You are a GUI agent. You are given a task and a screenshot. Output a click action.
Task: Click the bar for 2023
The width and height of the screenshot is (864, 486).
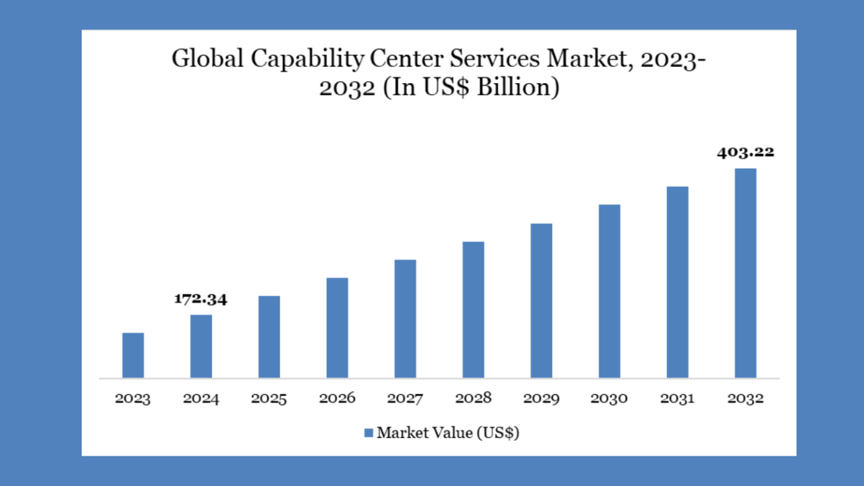133,355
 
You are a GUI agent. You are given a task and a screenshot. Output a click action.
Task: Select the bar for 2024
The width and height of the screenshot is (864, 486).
201,346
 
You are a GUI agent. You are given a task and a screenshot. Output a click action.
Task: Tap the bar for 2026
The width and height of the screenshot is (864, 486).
337,327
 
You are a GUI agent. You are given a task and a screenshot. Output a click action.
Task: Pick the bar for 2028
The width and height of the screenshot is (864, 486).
473,309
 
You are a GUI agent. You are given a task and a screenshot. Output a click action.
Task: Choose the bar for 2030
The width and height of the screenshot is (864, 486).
609,291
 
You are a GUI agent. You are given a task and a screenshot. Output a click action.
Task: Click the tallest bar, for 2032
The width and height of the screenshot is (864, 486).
745,273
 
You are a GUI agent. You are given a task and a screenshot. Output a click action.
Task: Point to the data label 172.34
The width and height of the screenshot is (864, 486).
201,299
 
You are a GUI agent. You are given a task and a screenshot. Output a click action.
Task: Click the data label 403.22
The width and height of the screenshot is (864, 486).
745,152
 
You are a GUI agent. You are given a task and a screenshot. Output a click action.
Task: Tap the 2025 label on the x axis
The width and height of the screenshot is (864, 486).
269,399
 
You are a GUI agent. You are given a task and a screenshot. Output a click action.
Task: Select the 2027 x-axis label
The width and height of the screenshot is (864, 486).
405,399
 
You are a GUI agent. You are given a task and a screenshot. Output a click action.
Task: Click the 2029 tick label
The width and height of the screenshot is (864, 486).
541,399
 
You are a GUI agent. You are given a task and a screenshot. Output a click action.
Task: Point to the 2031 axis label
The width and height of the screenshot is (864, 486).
677,399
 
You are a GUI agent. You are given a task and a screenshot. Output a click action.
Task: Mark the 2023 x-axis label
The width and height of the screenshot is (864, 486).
133,399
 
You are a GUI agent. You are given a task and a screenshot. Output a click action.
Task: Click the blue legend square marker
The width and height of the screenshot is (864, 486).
369,433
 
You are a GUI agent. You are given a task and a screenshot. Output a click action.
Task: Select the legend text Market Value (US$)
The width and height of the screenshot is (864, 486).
448,433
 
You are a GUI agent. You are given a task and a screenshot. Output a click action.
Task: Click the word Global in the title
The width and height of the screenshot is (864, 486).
207,59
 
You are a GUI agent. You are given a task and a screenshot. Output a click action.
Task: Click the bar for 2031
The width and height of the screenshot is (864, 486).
677,281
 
